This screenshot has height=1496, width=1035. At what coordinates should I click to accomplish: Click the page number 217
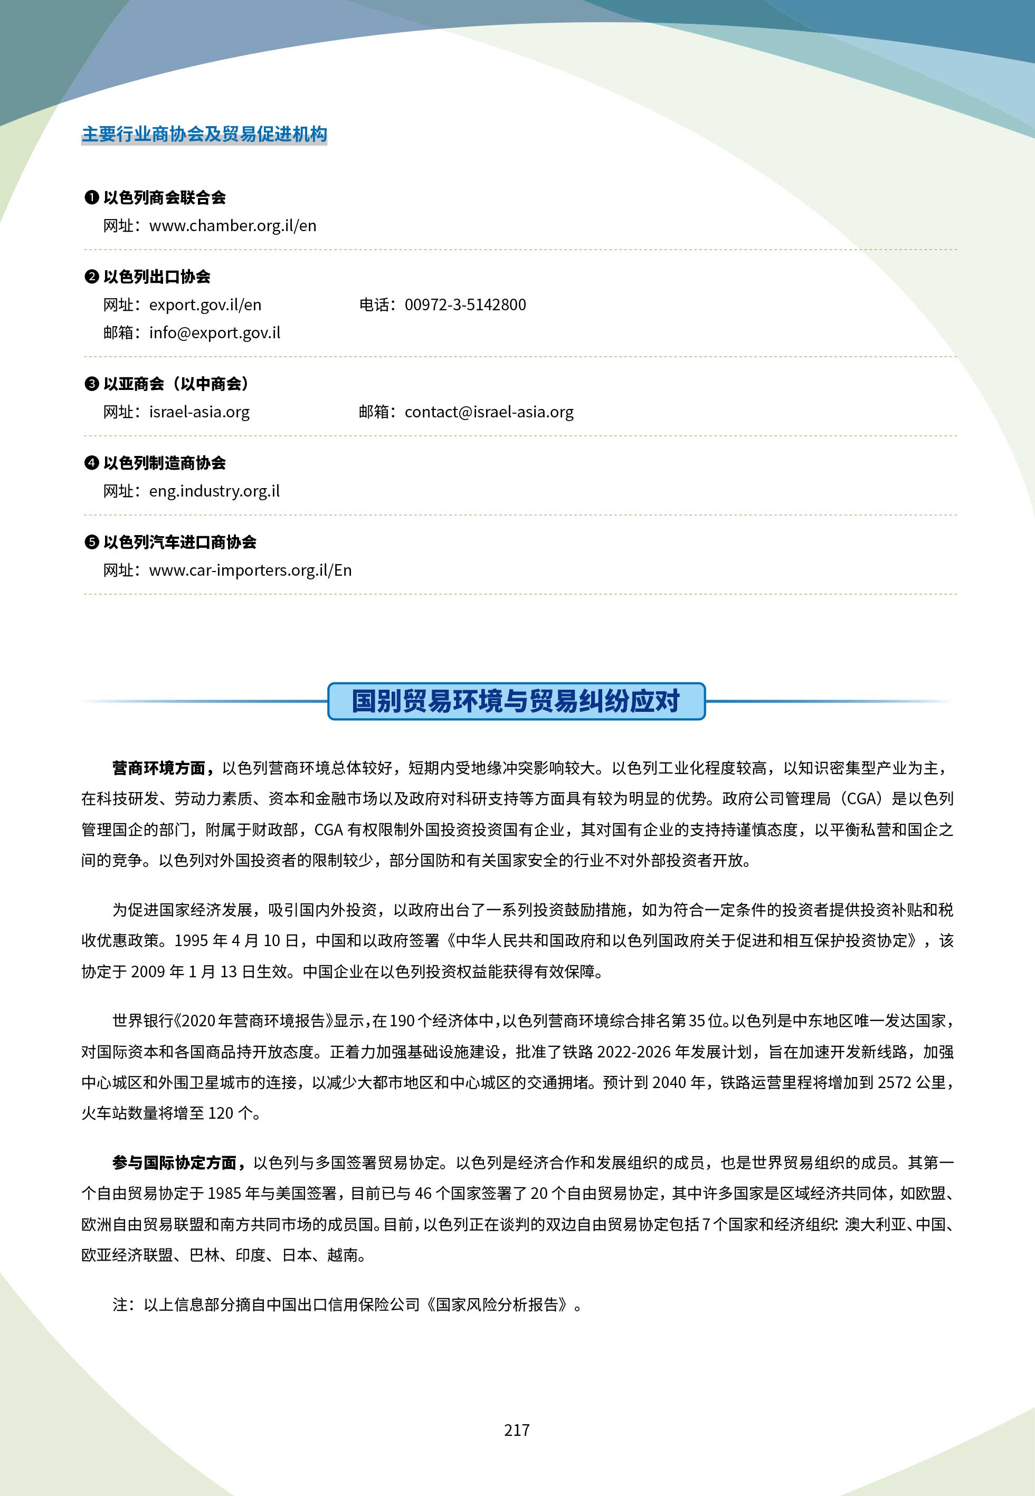(517, 1430)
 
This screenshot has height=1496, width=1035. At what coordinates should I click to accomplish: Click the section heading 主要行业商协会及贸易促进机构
(204, 134)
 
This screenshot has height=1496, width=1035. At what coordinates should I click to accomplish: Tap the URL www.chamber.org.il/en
(232, 225)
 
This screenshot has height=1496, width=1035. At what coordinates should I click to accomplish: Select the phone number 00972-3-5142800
(465, 304)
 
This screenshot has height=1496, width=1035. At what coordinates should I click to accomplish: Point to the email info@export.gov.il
(215, 332)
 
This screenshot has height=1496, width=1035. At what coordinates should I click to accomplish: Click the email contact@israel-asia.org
(489, 412)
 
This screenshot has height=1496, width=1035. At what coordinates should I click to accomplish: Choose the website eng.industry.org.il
(214, 491)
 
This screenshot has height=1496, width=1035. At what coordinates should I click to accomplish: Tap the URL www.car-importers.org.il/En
(250, 570)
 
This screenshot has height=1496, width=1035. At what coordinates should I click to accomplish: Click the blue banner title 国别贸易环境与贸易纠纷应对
(516, 701)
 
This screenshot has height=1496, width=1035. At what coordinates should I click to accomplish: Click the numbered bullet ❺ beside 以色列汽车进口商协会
(91, 542)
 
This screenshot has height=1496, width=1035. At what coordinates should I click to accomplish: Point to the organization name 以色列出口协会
(157, 277)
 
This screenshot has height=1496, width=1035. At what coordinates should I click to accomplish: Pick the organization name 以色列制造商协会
(165, 463)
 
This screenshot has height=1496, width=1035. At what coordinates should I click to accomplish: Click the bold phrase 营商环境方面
(159, 768)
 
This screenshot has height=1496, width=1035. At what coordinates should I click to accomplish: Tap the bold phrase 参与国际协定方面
(175, 1163)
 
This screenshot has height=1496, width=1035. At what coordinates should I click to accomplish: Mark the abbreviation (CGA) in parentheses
(861, 798)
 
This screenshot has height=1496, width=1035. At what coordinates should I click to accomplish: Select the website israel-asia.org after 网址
(199, 412)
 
